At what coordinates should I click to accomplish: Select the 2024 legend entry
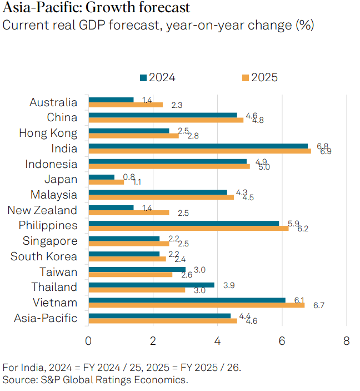pyautogui.click(x=158, y=77)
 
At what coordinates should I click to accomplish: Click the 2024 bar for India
pyautogui.click(x=198, y=146)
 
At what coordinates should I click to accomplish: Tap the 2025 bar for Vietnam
pyautogui.click(x=196, y=305)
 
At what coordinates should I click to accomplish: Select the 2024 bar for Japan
pyautogui.click(x=102, y=177)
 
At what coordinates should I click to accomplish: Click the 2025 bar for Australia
pyautogui.click(x=126, y=105)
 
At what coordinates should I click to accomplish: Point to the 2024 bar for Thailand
pyautogui.click(x=151, y=284)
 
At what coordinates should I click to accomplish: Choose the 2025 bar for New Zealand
pyautogui.click(x=129, y=212)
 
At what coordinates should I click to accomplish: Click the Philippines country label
pyautogui.click(x=48, y=225)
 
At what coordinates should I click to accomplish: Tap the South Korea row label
pyautogui.click(x=44, y=256)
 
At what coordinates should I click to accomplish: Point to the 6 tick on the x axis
pyautogui.click(x=282, y=341)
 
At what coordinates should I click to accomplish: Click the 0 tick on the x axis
pyautogui.click(x=88, y=341)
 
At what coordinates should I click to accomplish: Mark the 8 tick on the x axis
pyautogui.click(x=346, y=341)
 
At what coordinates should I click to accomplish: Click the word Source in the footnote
pyautogui.click(x=17, y=380)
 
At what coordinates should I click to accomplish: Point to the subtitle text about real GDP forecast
pyautogui.click(x=158, y=26)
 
